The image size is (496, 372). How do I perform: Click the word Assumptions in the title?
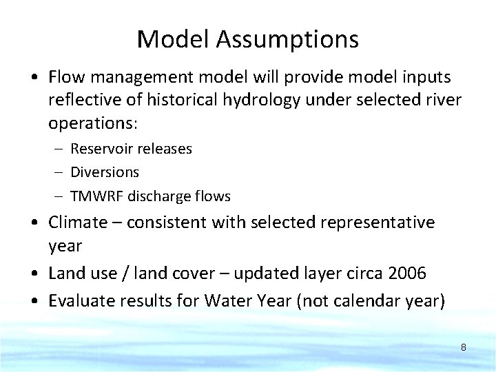point(287,40)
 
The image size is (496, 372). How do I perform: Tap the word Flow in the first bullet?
point(65,76)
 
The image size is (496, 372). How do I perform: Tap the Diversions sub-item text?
point(105,172)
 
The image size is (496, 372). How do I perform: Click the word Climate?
point(78,223)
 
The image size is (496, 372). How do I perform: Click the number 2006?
point(407,273)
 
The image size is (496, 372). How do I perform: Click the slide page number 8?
point(463,347)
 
